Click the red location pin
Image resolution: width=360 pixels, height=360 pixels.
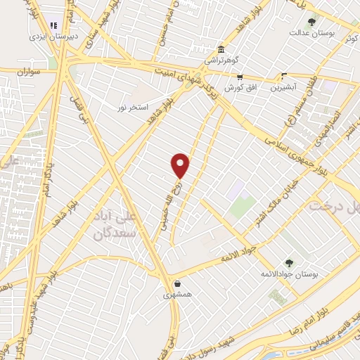pos(181,165)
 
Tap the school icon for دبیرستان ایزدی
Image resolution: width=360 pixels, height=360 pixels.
pos(56,27)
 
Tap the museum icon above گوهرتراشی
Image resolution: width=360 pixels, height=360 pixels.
pos(222,50)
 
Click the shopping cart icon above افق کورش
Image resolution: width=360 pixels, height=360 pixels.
pos(240,77)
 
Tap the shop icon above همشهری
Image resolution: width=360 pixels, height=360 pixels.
pos(178,284)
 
